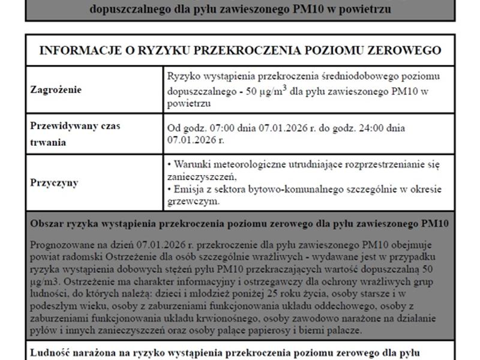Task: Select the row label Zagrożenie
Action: tap(56, 90)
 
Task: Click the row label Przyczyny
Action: tap(54, 182)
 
